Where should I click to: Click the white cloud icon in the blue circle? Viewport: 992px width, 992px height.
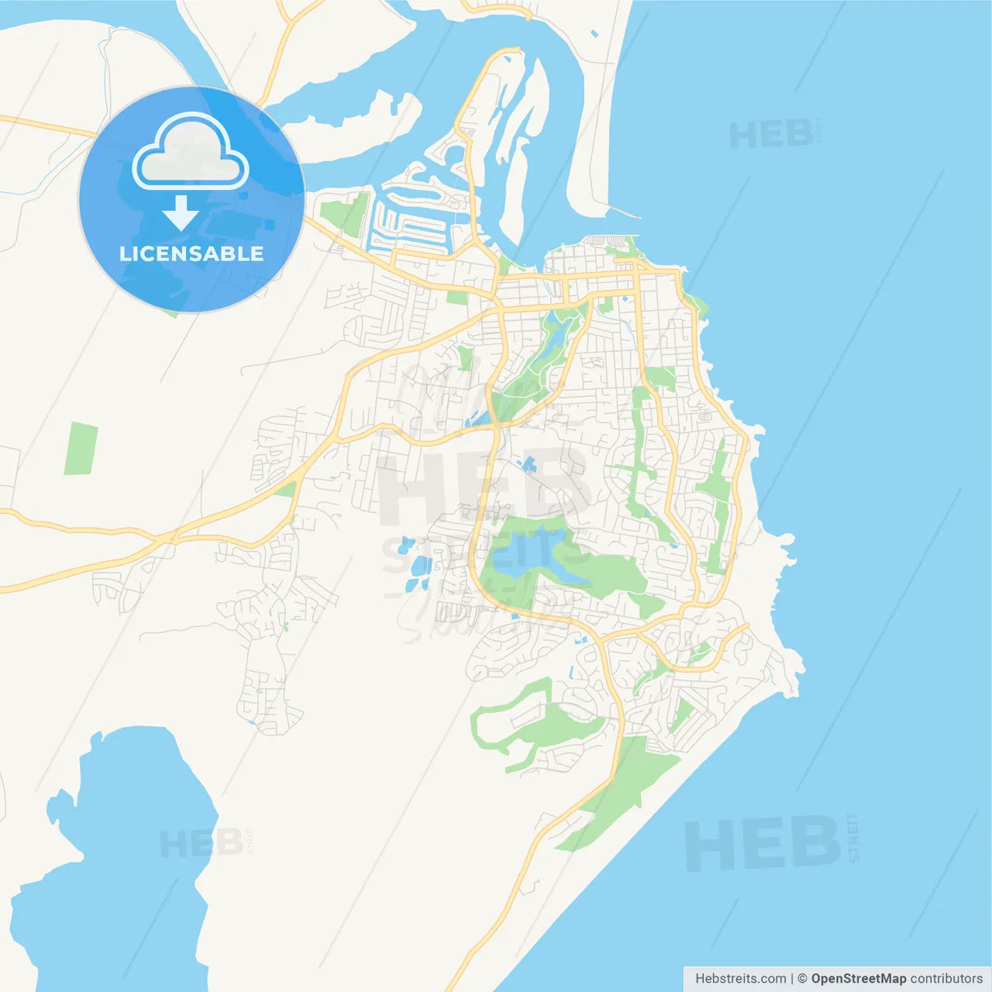point(191,155)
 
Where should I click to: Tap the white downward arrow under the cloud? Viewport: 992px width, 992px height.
point(181,213)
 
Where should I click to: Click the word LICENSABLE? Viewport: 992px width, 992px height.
point(191,253)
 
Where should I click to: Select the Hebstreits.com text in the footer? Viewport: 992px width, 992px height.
point(740,979)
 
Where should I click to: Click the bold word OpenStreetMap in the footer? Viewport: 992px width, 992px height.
point(859,979)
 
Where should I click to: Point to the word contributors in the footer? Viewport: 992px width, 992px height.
point(946,979)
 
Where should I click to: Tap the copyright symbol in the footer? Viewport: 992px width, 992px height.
point(802,979)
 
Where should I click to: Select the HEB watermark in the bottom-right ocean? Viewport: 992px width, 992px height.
point(763,843)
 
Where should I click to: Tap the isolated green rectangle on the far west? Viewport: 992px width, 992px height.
point(81,448)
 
